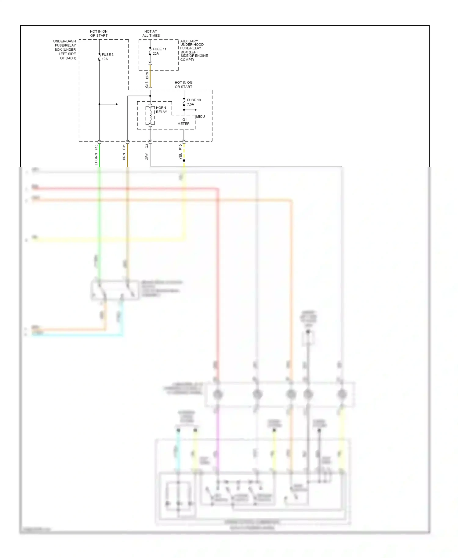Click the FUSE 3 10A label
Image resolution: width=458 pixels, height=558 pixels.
pos(107,57)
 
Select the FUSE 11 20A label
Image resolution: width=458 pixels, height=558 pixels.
pos(159,51)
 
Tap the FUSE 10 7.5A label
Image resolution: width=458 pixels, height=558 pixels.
pos(194,102)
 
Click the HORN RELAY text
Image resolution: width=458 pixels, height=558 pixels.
pos(161,110)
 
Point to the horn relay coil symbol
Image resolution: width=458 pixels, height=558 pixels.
pos(150,115)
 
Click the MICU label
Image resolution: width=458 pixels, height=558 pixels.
pos(200,117)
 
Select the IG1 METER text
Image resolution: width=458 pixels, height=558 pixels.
pos(184,122)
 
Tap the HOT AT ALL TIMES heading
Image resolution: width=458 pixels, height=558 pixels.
pos(151,34)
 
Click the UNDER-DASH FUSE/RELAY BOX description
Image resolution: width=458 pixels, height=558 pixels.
pos(65,49)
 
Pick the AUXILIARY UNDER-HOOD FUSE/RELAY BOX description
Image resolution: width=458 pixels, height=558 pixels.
pos(194,50)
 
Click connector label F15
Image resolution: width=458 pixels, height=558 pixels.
pos(96,147)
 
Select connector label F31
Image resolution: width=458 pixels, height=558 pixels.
pos(124,147)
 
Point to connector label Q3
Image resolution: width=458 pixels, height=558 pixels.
pos(147,147)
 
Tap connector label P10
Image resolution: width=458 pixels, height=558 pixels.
pos(180,147)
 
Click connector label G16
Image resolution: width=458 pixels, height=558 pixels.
pos(147,85)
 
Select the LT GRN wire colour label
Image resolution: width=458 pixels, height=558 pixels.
pos(96,159)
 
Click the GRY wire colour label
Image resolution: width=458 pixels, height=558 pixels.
pos(147,157)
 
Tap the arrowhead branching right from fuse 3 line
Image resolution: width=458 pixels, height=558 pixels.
pos(117,104)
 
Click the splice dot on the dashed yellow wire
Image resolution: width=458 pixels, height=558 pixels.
pos(184,161)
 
